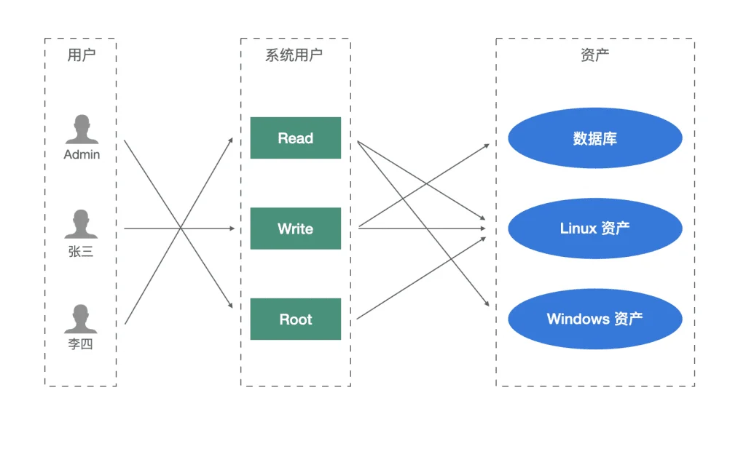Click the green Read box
(x=296, y=138)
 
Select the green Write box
(x=296, y=229)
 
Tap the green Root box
(x=296, y=319)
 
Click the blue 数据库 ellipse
(x=595, y=138)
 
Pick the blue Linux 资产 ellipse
(x=595, y=229)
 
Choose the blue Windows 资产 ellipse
(x=595, y=319)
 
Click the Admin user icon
(x=82, y=130)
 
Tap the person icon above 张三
(x=81, y=224)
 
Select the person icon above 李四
(x=81, y=319)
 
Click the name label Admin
(x=82, y=154)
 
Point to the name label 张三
(x=81, y=251)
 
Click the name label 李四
(x=80, y=343)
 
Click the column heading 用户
(x=82, y=55)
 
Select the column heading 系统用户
(x=294, y=55)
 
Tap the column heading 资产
(x=594, y=55)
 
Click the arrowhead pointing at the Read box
(x=231, y=140)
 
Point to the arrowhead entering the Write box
(x=232, y=229)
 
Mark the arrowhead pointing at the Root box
(x=230, y=305)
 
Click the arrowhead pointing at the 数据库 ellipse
(x=486, y=146)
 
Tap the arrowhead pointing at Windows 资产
(x=487, y=303)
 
